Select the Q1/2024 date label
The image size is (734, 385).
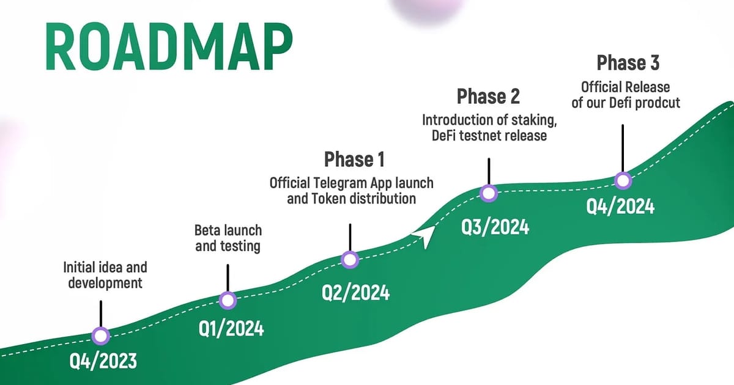coord(231,328)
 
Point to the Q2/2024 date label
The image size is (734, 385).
coord(355,293)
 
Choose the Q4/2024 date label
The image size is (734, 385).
coord(620,206)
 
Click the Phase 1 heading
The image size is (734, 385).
coord(354,160)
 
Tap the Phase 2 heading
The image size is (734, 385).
coord(488,97)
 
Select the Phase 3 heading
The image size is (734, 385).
coord(628,63)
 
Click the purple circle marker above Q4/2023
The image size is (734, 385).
coord(100,335)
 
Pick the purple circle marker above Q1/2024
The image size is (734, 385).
coord(228,300)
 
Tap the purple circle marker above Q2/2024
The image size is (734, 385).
coord(350,260)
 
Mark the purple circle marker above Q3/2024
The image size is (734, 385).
coord(489,193)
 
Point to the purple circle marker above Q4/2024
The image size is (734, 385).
coord(623,180)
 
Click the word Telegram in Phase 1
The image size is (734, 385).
coord(346,182)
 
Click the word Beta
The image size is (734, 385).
coord(207,230)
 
